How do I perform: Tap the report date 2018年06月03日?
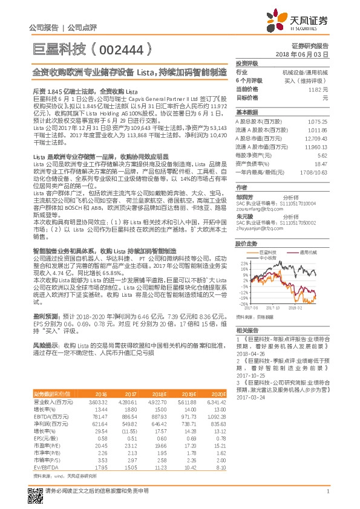pyautogui.click(x=309, y=54)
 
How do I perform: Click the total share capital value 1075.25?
pyautogui.click(x=318, y=121)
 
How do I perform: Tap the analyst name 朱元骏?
pyautogui.click(x=245, y=216)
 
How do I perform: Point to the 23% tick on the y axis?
pyautogui.click(x=243, y=264)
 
